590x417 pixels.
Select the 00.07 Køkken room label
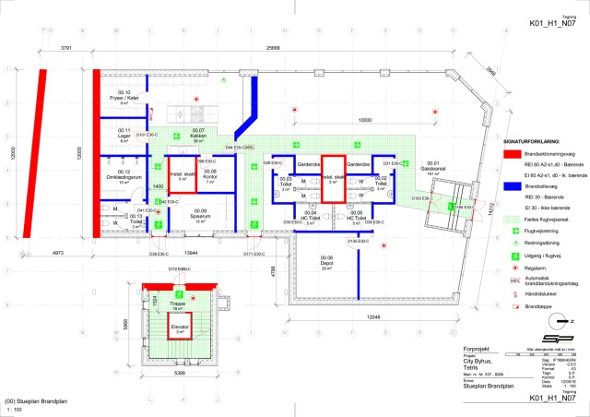[198, 134]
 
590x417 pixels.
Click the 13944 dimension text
[190, 252]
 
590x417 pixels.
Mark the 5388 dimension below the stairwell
[179, 375]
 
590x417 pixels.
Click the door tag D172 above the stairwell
[178, 269]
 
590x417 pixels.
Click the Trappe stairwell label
[179, 303]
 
